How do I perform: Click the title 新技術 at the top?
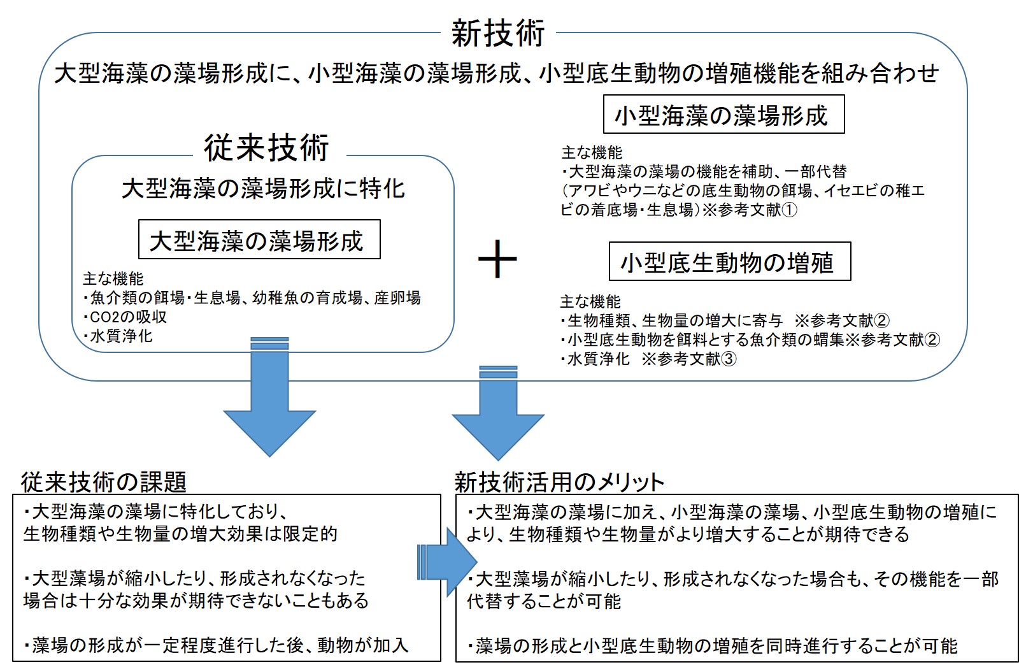(x=497, y=32)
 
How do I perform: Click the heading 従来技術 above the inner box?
(x=266, y=148)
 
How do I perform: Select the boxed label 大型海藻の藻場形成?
(x=259, y=240)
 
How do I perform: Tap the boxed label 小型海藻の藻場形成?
(x=723, y=115)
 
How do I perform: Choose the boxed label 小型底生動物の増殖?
(x=730, y=262)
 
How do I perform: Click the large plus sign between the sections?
(x=497, y=259)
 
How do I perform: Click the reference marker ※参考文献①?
(x=750, y=210)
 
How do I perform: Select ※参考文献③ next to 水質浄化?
(x=689, y=359)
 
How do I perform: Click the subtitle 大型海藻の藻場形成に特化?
(x=263, y=189)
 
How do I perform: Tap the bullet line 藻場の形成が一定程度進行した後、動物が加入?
(x=216, y=645)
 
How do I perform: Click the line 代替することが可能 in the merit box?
(x=544, y=601)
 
